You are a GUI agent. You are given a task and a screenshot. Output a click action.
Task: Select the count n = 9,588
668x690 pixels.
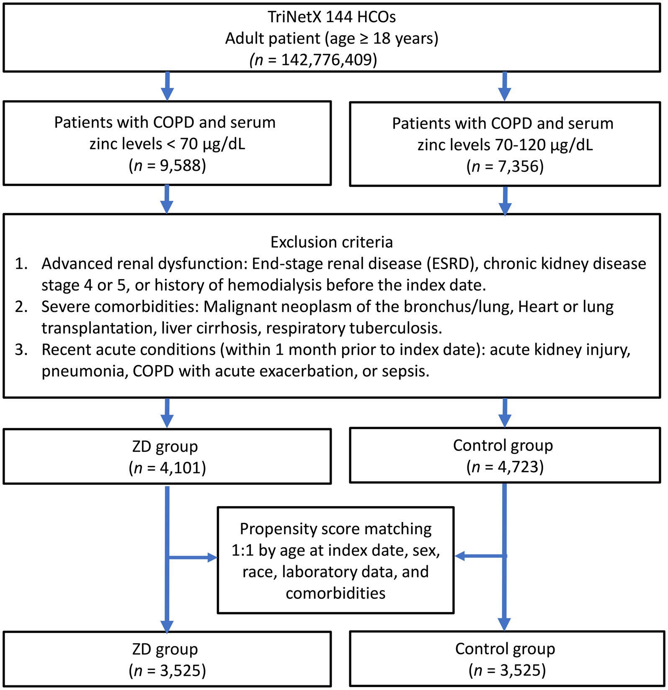tap(167, 166)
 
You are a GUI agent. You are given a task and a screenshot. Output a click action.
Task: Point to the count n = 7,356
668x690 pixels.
tap(505, 167)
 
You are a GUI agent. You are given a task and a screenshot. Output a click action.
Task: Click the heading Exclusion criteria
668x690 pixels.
tap(331, 242)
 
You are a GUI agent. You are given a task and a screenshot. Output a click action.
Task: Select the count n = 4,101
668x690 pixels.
tap(167, 468)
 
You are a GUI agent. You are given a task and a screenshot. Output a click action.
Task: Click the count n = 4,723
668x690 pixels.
tap(505, 466)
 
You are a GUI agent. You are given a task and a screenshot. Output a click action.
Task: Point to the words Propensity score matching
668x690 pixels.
tap(335, 529)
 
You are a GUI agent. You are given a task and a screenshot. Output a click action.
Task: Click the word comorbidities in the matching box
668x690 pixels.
tap(335, 593)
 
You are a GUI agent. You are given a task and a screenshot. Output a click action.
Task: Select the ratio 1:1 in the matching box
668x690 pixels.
tap(242, 550)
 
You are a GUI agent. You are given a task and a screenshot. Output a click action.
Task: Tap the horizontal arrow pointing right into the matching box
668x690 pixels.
tap(193, 557)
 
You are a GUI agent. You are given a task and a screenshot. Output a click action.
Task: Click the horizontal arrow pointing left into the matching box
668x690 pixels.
tap(480, 556)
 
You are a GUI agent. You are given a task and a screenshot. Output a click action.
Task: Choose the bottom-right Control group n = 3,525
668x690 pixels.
tap(507, 670)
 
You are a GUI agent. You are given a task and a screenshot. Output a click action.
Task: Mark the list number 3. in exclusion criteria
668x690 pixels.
tap(21, 350)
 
